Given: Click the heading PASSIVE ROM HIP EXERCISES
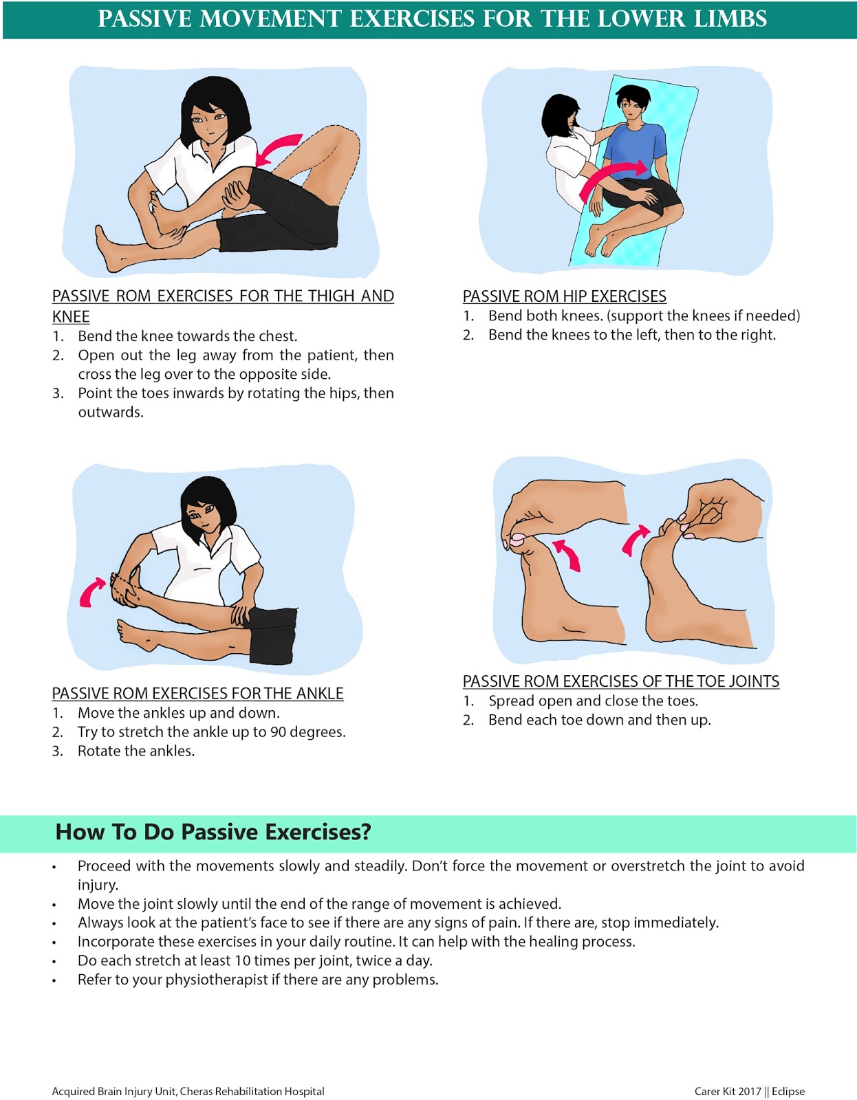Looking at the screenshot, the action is pos(564,296).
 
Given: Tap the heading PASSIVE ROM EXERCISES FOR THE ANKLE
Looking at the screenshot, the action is pos(197,693).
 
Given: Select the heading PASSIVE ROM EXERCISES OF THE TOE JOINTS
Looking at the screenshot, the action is pos(620,681).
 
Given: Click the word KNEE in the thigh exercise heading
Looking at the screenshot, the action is pos(71,316).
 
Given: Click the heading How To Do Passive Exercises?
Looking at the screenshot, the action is pos(213,832).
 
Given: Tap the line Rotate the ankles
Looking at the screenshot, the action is pos(135,751).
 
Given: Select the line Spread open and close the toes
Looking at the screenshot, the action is pos(593,701).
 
